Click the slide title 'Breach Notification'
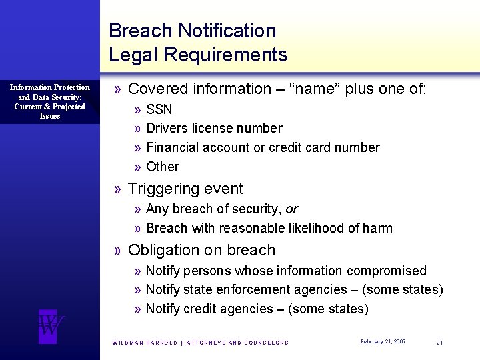coord(192,31)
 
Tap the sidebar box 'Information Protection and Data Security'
coord(50,101)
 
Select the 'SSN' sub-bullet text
coord(159,109)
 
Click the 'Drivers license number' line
coord(213,128)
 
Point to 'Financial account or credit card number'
coord(263,147)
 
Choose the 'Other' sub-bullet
coord(163,167)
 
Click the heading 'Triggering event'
coord(185,189)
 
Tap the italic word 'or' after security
coord(291,209)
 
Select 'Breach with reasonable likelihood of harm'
coord(269,228)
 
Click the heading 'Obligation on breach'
coord(201,251)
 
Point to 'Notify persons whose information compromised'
coord(285,271)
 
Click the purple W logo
coord(51,326)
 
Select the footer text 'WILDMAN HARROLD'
coord(145,343)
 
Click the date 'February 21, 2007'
coord(383,341)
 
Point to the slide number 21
coord(439,342)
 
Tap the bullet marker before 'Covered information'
coord(118,89)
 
